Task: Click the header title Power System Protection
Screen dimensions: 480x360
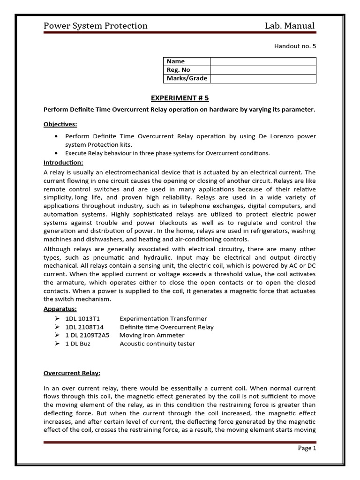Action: tap(95, 26)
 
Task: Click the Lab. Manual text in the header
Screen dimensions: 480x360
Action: tap(290, 26)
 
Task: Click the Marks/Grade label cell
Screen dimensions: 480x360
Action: tap(187, 79)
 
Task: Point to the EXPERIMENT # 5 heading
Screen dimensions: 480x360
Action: tap(180, 98)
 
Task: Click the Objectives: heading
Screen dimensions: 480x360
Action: tap(60, 124)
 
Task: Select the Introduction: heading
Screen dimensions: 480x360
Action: tap(63, 163)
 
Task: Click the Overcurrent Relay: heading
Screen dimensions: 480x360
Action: tap(72, 373)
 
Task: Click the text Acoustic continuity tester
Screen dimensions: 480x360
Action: tap(157, 344)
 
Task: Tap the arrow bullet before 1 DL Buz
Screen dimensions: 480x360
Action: tap(57, 344)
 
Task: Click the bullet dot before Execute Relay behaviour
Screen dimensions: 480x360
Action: tap(57, 153)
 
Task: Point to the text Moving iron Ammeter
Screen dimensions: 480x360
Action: tap(152, 336)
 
